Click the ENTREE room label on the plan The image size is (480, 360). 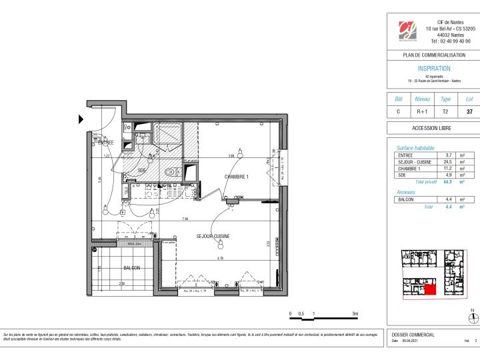(x=106, y=143)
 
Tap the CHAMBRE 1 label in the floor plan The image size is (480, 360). (x=236, y=177)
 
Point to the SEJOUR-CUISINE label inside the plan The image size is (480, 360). (x=213, y=237)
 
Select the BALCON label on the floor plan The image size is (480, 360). (x=131, y=268)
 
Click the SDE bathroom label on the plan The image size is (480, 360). (x=142, y=171)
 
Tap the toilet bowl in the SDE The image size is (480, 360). (x=171, y=172)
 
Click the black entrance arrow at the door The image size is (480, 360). (x=81, y=120)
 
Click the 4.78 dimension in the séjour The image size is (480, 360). (x=219, y=257)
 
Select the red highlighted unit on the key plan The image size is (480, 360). (x=430, y=288)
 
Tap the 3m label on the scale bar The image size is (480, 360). (x=355, y=313)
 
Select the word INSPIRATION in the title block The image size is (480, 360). (x=433, y=69)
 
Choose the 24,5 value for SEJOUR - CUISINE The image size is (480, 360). (x=448, y=162)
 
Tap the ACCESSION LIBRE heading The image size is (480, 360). (x=433, y=128)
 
